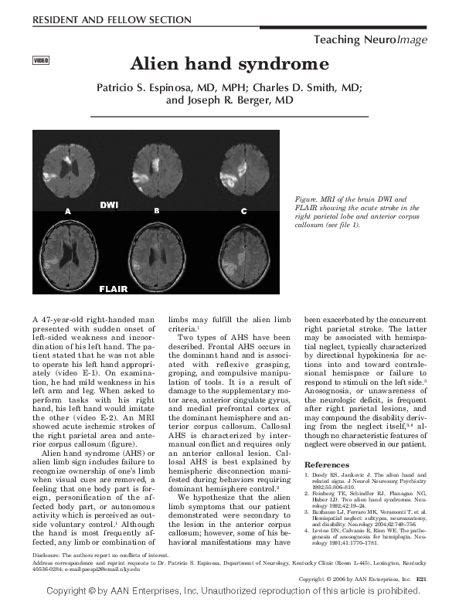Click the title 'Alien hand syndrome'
pos(229,63)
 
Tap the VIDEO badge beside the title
pos(41,60)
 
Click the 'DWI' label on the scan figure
pos(110,205)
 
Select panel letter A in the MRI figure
pos(68,210)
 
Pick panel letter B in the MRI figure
pos(156,210)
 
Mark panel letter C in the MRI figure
pos(243,211)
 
